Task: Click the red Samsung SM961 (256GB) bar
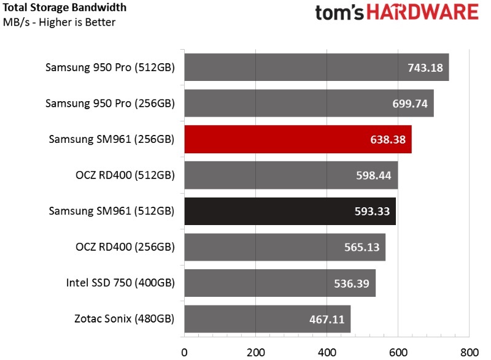[298, 139]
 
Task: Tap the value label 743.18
[425, 67]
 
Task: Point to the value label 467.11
[327, 320]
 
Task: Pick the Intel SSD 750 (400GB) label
[120, 283]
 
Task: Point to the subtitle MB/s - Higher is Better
[60, 23]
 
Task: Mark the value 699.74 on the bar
[410, 104]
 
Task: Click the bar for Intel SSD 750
[280, 283]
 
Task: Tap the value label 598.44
[374, 175]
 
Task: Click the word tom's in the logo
[342, 14]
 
